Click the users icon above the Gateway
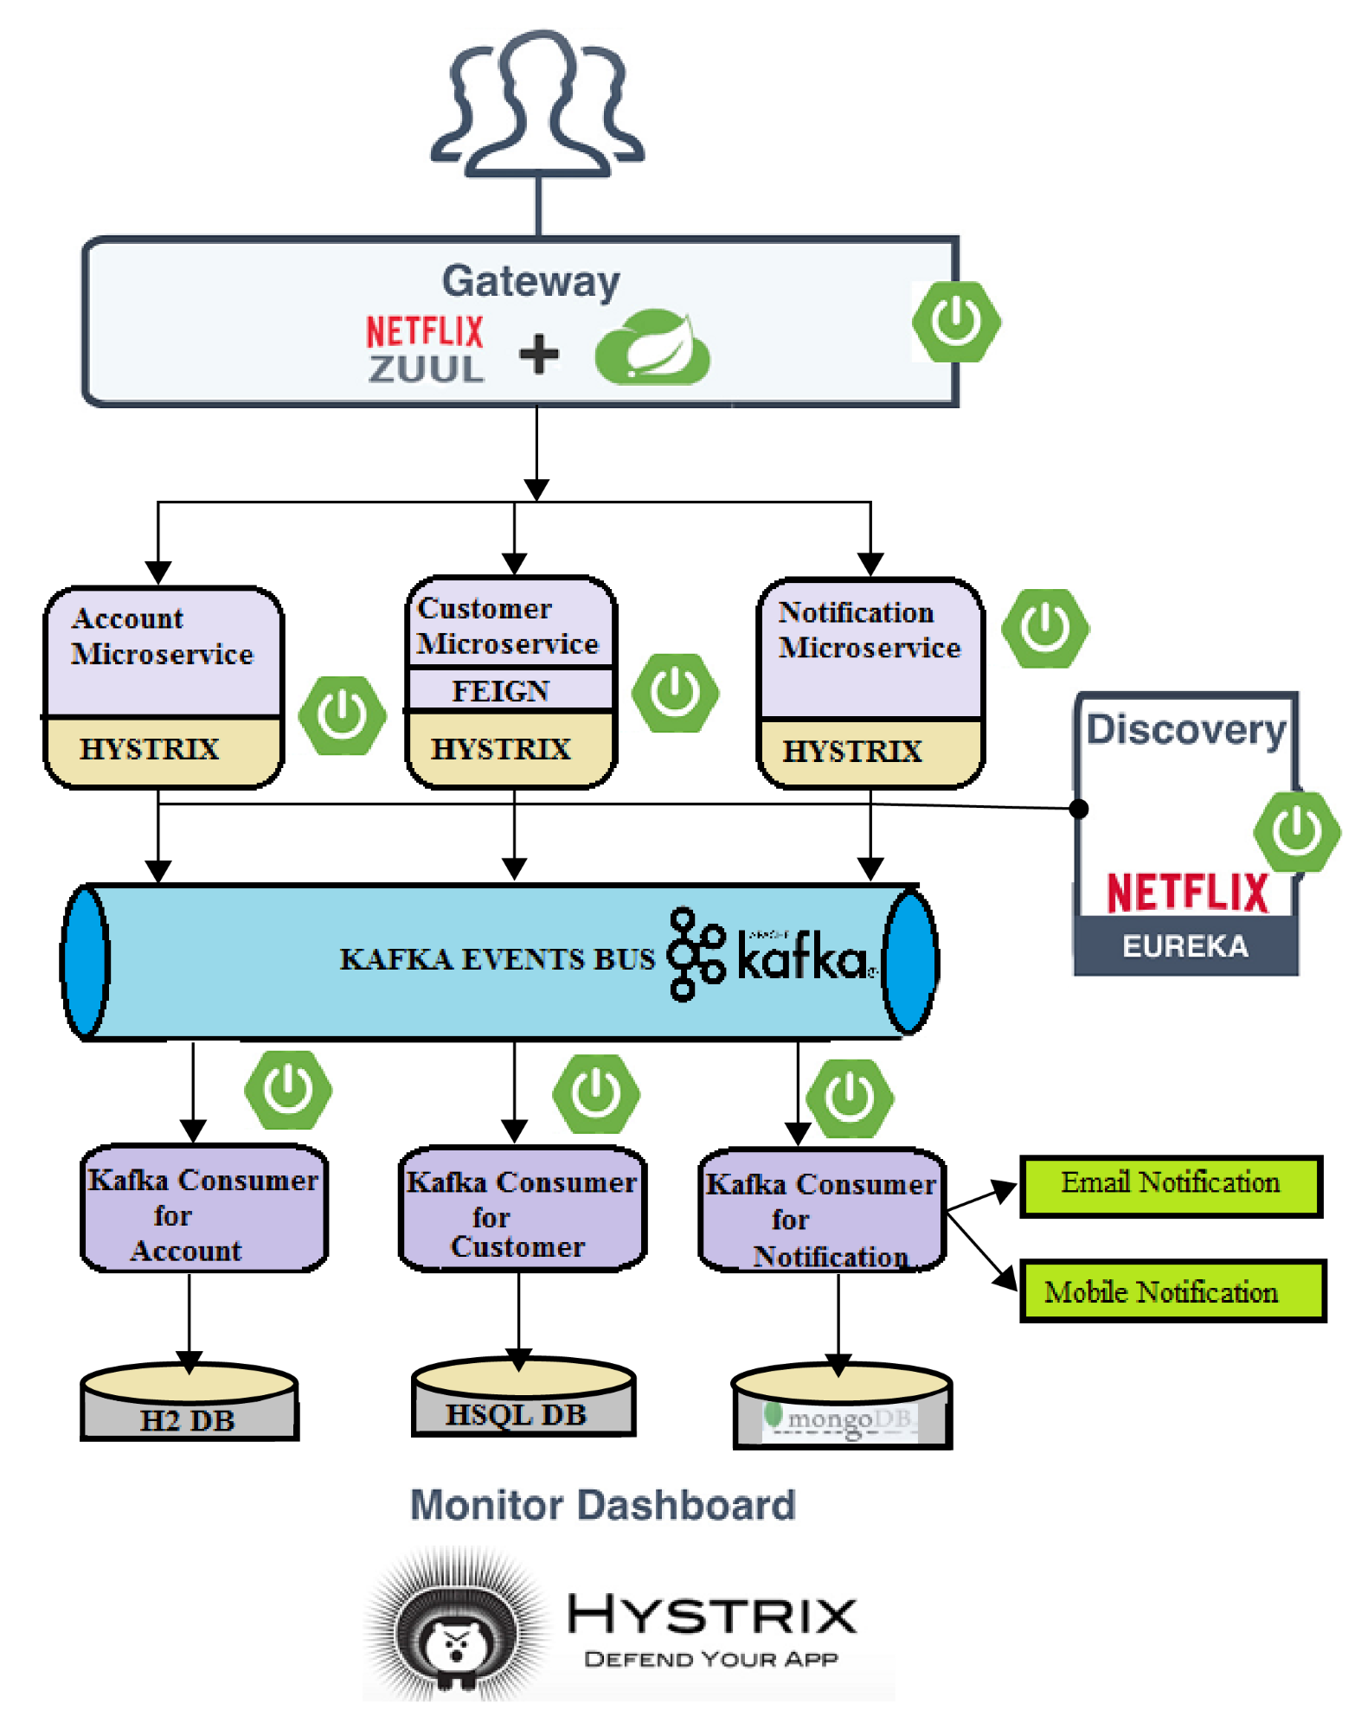click(537, 105)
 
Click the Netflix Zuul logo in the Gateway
click(425, 349)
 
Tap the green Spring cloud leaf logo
click(653, 349)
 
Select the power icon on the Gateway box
click(956, 322)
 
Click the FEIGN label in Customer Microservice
click(501, 691)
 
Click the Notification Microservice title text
click(868, 630)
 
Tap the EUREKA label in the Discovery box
click(1184, 946)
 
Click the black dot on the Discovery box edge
click(1079, 809)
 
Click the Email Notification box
click(1171, 1185)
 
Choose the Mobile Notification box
click(1172, 1291)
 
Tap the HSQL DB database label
click(517, 1415)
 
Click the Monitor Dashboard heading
click(602, 1506)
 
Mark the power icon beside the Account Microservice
click(342, 715)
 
